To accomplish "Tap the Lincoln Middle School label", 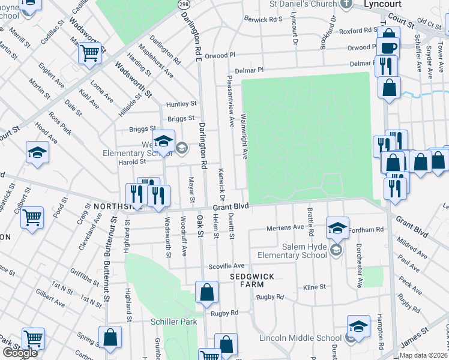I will pos(300,338).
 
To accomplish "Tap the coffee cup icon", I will pos(388,47).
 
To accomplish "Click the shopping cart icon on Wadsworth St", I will pos(89,53).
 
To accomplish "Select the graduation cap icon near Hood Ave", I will pos(37,152).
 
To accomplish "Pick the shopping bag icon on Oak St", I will pos(206,292).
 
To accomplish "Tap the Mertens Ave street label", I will pos(285,228).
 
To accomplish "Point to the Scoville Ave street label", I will pos(226,266).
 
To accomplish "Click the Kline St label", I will pos(314,287).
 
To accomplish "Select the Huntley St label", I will pos(181,104).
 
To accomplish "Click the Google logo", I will pos(20,353).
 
